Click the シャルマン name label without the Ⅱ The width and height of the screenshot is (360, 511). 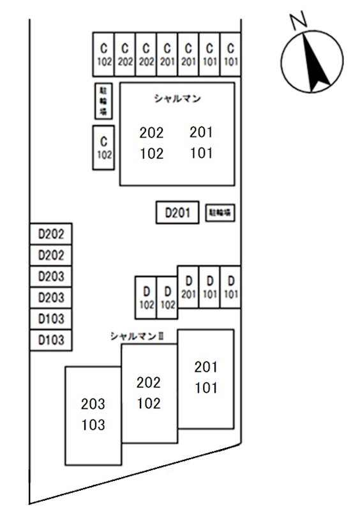point(177,98)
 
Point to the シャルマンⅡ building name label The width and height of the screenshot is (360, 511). point(137,335)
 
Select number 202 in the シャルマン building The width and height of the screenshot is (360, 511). point(151,133)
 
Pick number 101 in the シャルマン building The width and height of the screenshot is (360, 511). point(201,153)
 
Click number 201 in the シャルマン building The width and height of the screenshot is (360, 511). point(201,132)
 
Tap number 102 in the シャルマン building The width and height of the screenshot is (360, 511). point(151,153)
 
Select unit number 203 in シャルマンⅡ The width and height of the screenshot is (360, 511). point(93,404)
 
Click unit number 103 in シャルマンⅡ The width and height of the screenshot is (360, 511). point(93,425)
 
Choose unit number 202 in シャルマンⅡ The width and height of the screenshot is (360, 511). point(149,383)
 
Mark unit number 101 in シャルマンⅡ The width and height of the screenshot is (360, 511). point(206,388)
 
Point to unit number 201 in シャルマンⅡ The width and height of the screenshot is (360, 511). point(206,367)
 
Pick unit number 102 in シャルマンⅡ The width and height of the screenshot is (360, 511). point(149,403)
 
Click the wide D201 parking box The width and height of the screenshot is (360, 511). point(178,213)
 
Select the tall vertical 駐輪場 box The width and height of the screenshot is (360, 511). point(103,102)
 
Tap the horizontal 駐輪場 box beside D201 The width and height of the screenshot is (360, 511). point(220,213)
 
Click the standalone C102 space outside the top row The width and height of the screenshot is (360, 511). point(103,148)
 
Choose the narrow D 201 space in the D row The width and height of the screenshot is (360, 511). point(188,287)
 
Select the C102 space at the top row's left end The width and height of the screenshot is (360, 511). point(103,54)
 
